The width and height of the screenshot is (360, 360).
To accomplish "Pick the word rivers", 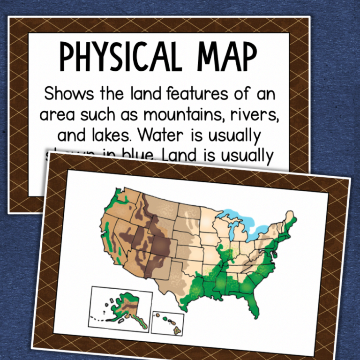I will pos(256,114).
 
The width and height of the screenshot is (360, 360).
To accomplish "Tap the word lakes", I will pos(105,135).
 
